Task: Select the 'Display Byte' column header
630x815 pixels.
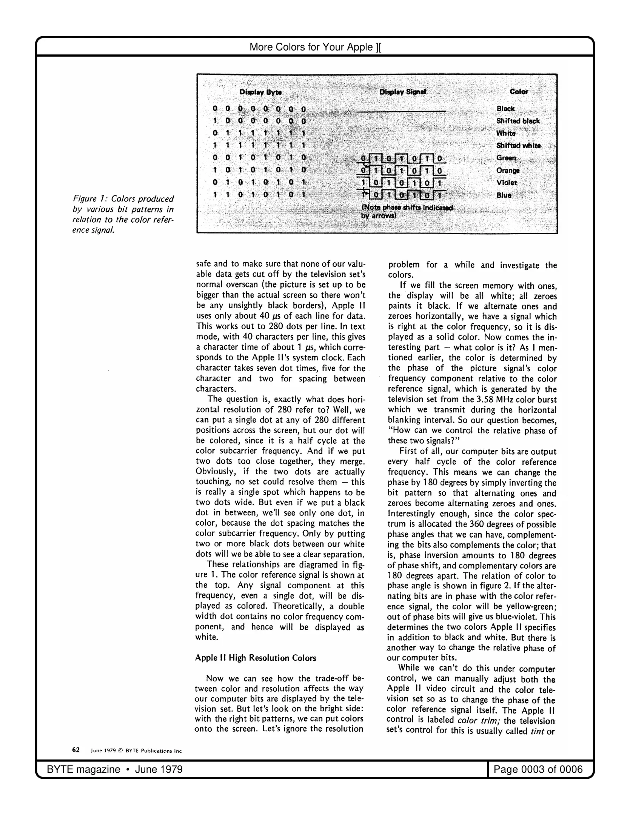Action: [x=260, y=92]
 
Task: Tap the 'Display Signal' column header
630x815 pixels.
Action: [x=402, y=92]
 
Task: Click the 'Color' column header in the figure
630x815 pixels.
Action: [x=519, y=92]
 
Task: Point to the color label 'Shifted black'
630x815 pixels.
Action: [x=518, y=121]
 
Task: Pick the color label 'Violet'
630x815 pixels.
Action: [x=507, y=183]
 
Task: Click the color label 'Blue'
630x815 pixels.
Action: [x=504, y=195]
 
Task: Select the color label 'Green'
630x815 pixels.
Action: [x=506, y=158]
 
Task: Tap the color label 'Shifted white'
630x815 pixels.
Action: [x=518, y=146]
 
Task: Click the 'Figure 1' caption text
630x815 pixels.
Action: [x=123, y=214]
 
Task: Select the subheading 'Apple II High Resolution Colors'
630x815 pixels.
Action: [x=256, y=658]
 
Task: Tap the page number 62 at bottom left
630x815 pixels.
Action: [x=76, y=750]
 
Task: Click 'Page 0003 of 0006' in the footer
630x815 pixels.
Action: [x=538, y=769]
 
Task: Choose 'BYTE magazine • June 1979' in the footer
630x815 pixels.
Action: [x=115, y=769]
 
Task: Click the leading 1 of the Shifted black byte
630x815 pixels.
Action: [x=215, y=121]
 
